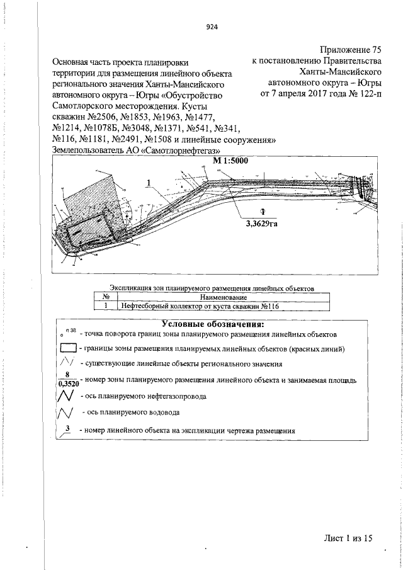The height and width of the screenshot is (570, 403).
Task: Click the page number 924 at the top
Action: point(211,26)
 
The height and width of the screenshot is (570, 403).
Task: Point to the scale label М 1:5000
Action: point(231,161)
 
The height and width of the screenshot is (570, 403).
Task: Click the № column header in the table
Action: point(106,297)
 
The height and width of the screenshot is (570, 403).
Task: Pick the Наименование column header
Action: point(223,297)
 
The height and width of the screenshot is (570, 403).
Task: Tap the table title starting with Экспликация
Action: point(210,288)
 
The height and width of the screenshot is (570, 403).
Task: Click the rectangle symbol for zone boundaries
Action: point(68,348)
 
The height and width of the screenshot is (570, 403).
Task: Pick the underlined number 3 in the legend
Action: point(66,430)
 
